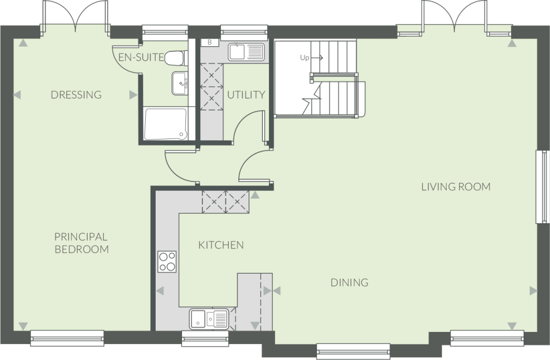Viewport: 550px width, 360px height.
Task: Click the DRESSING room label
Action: [76, 95]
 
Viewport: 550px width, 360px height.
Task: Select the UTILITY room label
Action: [246, 95]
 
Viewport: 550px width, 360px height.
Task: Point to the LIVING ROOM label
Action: [455, 187]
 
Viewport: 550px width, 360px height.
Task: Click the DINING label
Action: [349, 283]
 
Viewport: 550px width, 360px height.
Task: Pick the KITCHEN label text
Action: [221, 245]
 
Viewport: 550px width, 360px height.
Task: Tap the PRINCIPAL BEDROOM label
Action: [81, 243]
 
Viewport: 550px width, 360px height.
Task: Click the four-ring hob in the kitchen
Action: [167, 261]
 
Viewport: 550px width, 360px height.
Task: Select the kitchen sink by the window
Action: [209, 318]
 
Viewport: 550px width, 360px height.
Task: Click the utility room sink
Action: [246, 52]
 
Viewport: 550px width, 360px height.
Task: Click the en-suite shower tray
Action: [165, 124]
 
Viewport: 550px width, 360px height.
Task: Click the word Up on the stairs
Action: [304, 57]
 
